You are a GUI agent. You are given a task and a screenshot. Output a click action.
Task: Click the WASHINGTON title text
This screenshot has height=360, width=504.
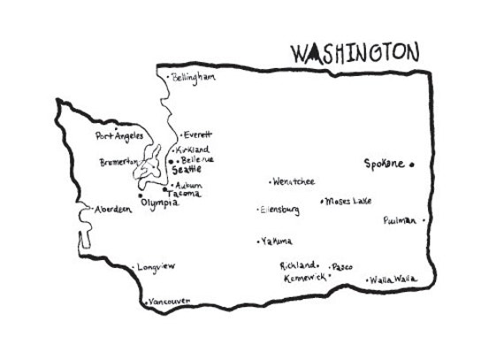[355, 53]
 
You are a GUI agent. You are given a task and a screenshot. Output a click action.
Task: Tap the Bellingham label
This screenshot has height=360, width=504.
[195, 77]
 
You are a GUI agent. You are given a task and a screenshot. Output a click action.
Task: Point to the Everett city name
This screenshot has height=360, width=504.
[198, 135]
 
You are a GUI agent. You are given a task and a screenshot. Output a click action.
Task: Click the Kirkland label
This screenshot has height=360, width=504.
[193, 150]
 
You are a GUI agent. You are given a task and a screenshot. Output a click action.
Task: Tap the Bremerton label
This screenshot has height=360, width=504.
[118, 162]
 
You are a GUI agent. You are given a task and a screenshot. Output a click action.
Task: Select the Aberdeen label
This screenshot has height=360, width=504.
[112, 209]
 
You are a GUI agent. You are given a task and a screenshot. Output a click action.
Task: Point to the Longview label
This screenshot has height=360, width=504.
[158, 265]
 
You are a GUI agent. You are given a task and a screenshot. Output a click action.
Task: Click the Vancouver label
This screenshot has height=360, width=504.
[171, 302]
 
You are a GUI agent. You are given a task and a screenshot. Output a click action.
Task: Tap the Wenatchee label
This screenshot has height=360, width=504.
[294, 181]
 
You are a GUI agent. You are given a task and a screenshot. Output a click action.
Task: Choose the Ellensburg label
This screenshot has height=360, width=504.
[281, 210]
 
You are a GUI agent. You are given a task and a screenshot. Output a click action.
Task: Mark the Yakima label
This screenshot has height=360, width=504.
[278, 241]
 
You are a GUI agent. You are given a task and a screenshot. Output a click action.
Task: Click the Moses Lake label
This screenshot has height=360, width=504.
[349, 201]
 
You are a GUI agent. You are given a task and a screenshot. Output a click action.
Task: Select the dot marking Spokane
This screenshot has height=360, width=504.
[412, 164]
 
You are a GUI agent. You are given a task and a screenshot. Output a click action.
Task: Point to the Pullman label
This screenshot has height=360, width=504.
[401, 220]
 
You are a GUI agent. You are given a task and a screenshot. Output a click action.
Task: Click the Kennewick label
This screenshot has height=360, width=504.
[302, 278]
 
